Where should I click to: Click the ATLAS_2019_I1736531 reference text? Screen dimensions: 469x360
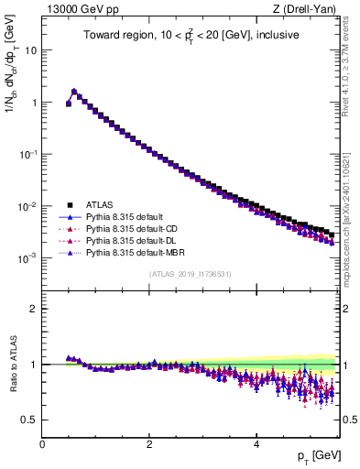tap(191, 274)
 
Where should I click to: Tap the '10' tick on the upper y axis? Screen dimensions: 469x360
tap(30, 51)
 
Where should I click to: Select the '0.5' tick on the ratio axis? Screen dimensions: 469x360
tap(29, 420)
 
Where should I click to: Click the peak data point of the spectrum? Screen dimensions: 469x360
tap(74, 92)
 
